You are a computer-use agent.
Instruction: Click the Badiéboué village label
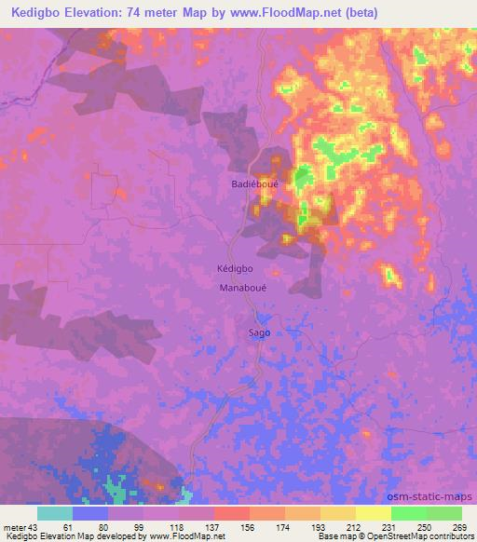coord(251,184)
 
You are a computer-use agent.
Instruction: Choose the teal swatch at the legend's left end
coord(54,513)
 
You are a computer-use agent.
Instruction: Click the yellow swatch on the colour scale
coord(374,513)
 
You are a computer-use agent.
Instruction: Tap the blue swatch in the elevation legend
coord(89,513)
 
